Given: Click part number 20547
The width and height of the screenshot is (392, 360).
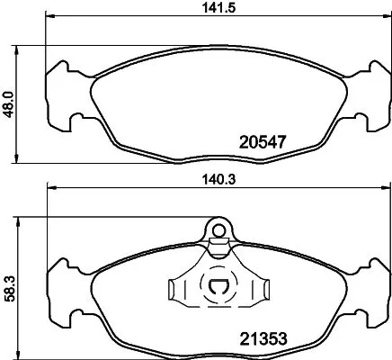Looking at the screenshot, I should point(264,140).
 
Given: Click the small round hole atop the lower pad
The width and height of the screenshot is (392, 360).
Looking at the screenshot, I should point(218,229).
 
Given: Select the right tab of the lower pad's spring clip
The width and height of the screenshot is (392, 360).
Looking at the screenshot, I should point(260,290).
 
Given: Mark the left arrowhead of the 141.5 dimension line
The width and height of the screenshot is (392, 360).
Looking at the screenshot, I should point(51,17).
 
